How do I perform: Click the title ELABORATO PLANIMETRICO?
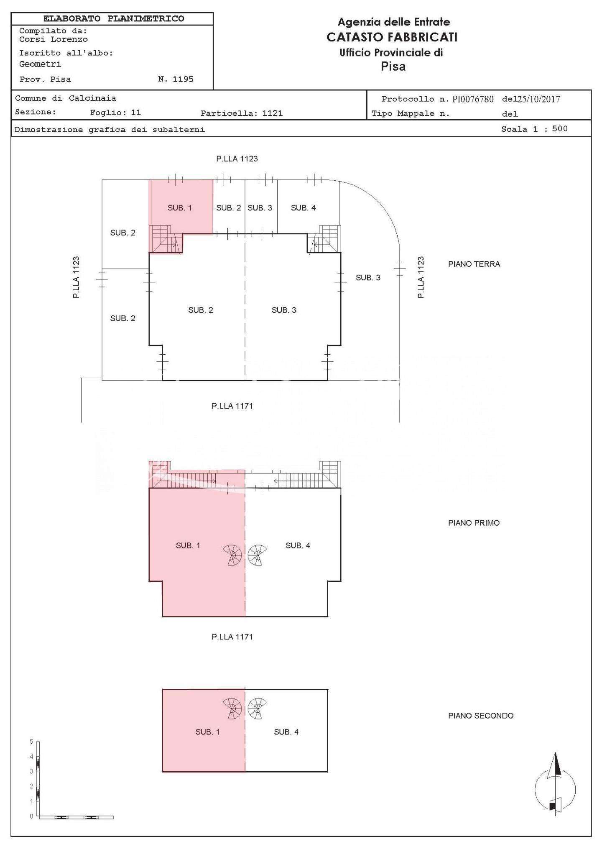[x=113, y=19]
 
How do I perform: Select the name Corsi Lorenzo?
[x=54, y=39]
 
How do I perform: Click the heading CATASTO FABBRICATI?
[x=392, y=37]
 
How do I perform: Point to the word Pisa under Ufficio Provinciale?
[x=393, y=67]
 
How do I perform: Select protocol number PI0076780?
[x=473, y=99]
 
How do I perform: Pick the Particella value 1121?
[x=273, y=113]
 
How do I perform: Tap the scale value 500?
[x=560, y=129]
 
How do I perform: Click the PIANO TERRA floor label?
[x=474, y=264]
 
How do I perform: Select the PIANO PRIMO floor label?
[x=474, y=523]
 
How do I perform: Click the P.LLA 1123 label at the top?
[x=237, y=159]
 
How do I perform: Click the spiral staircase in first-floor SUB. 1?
[x=232, y=555]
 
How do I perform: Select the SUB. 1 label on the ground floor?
[x=180, y=208]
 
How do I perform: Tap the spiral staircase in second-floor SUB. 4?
[x=257, y=709]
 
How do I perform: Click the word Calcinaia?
[x=92, y=98]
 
